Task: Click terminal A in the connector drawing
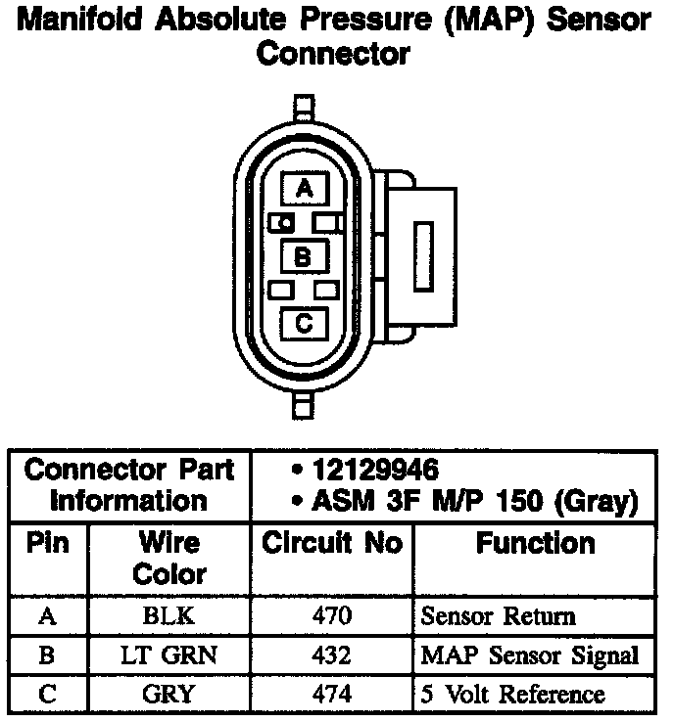[x=304, y=189]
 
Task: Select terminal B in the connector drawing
[x=304, y=257]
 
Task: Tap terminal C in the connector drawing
[x=304, y=322]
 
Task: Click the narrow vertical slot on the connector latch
[x=424, y=253]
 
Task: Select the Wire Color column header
[x=168, y=558]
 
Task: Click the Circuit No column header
[x=332, y=544]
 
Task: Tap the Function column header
[x=535, y=544]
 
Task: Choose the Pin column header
[x=47, y=544]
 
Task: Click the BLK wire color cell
[x=168, y=616]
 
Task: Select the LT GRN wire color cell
[x=168, y=655]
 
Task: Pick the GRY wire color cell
[x=168, y=695]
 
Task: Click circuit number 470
[x=332, y=616]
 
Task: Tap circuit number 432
[x=332, y=655]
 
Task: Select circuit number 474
[x=332, y=695]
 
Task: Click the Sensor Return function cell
[x=498, y=616]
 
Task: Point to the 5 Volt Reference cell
[x=511, y=695]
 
